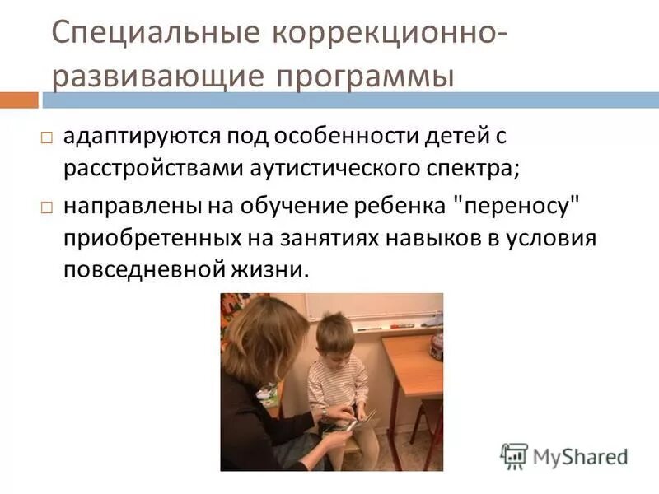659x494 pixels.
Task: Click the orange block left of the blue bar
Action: click(x=19, y=100)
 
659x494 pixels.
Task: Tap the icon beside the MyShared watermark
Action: click(x=514, y=455)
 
